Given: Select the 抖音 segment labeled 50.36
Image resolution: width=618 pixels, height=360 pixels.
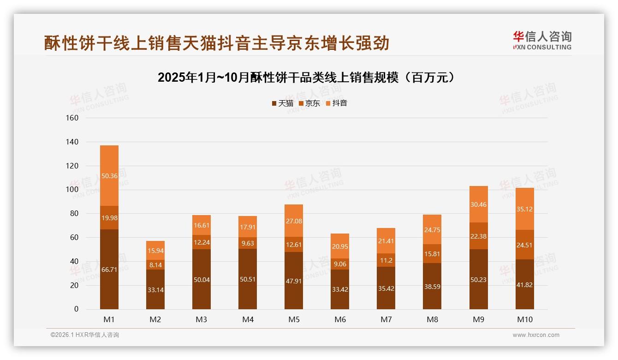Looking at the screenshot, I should pos(109,176).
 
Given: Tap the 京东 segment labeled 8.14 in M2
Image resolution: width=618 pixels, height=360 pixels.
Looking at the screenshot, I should pos(155,265).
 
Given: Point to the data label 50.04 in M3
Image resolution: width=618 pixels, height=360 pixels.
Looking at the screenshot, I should pos(202,279).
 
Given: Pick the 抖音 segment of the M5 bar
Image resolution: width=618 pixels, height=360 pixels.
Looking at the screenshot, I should pos(294,221).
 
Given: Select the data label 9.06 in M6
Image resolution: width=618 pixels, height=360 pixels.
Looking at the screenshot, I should pos(340,264).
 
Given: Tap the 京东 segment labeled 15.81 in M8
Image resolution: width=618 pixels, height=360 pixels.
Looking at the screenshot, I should pos(432,253).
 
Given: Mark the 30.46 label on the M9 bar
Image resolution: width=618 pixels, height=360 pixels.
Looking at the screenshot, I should pos(479,204).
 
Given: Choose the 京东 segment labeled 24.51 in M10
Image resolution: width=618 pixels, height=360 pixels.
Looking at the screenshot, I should pos(525,245).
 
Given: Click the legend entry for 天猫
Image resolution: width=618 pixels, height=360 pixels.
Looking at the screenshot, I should pos(282,103).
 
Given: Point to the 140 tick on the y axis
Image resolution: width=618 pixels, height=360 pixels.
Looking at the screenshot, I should pos(73,142).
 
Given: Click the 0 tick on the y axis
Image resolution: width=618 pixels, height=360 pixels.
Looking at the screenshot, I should pos(76,309).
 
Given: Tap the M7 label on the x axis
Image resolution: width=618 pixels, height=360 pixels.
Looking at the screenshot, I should pos(386,319).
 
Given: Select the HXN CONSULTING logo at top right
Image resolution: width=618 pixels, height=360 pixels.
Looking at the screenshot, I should pos(542,40).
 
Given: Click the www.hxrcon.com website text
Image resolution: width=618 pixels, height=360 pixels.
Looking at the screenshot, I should pos(536,335).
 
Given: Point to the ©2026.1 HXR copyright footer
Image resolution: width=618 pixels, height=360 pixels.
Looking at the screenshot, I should pos(85,335).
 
